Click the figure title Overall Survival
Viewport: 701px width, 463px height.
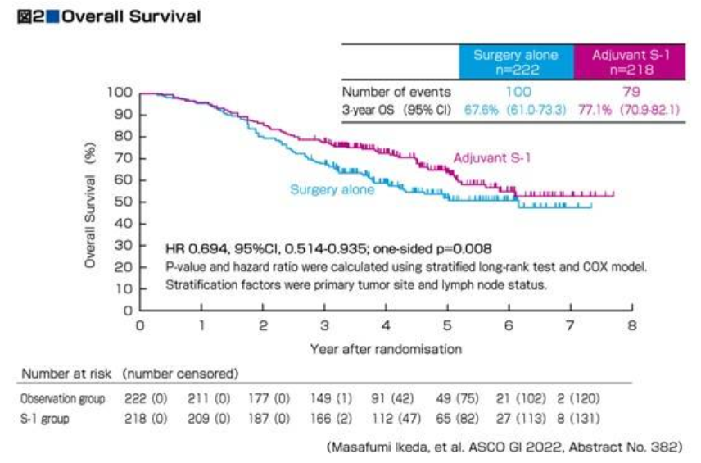click(x=132, y=16)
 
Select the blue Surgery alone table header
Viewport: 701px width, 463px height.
click(x=515, y=62)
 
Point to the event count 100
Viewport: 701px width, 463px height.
click(x=516, y=93)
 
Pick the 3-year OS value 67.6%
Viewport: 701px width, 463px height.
click(x=482, y=109)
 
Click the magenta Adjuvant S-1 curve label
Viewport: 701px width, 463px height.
click(x=491, y=158)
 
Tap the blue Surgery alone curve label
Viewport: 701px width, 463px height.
click(x=332, y=189)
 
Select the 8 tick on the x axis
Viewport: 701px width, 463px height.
click(x=631, y=325)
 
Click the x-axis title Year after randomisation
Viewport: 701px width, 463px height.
click(x=386, y=348)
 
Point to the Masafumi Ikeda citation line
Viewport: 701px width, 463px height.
click(x=504, y=446)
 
